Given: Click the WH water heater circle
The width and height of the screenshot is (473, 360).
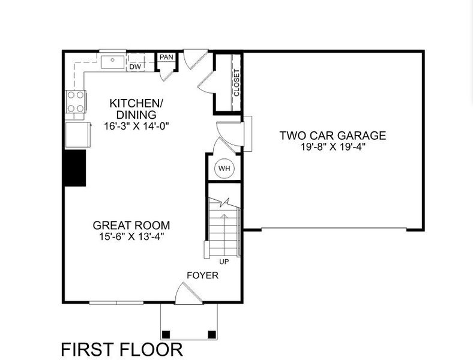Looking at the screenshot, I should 224,169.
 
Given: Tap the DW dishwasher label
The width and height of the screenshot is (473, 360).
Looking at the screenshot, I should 135,67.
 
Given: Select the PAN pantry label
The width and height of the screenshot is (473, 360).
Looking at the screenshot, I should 166,57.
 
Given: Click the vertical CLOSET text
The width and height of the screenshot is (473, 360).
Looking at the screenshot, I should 237,83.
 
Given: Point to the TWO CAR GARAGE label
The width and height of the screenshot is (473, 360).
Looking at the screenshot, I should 332,136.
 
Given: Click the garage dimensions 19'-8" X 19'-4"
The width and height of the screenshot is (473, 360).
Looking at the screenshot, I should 332,146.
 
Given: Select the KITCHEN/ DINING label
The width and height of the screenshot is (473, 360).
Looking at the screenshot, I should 133,109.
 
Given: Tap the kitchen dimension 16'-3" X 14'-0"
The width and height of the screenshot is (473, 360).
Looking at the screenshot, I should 133,126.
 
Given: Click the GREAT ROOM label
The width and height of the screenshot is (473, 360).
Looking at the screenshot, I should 131,226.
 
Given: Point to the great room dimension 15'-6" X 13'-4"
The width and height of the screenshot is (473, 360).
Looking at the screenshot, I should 131,236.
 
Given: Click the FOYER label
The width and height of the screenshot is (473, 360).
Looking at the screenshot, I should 202,275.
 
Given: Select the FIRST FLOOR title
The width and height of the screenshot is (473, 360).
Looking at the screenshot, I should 122,349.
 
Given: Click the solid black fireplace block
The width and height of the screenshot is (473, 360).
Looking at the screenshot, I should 75,168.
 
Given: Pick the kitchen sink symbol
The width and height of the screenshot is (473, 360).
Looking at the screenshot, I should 112,61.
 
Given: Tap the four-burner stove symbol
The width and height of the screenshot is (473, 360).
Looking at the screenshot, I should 76,102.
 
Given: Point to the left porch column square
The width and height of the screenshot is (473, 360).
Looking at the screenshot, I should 166,334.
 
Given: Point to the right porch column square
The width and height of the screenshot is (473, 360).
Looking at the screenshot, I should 211,334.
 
